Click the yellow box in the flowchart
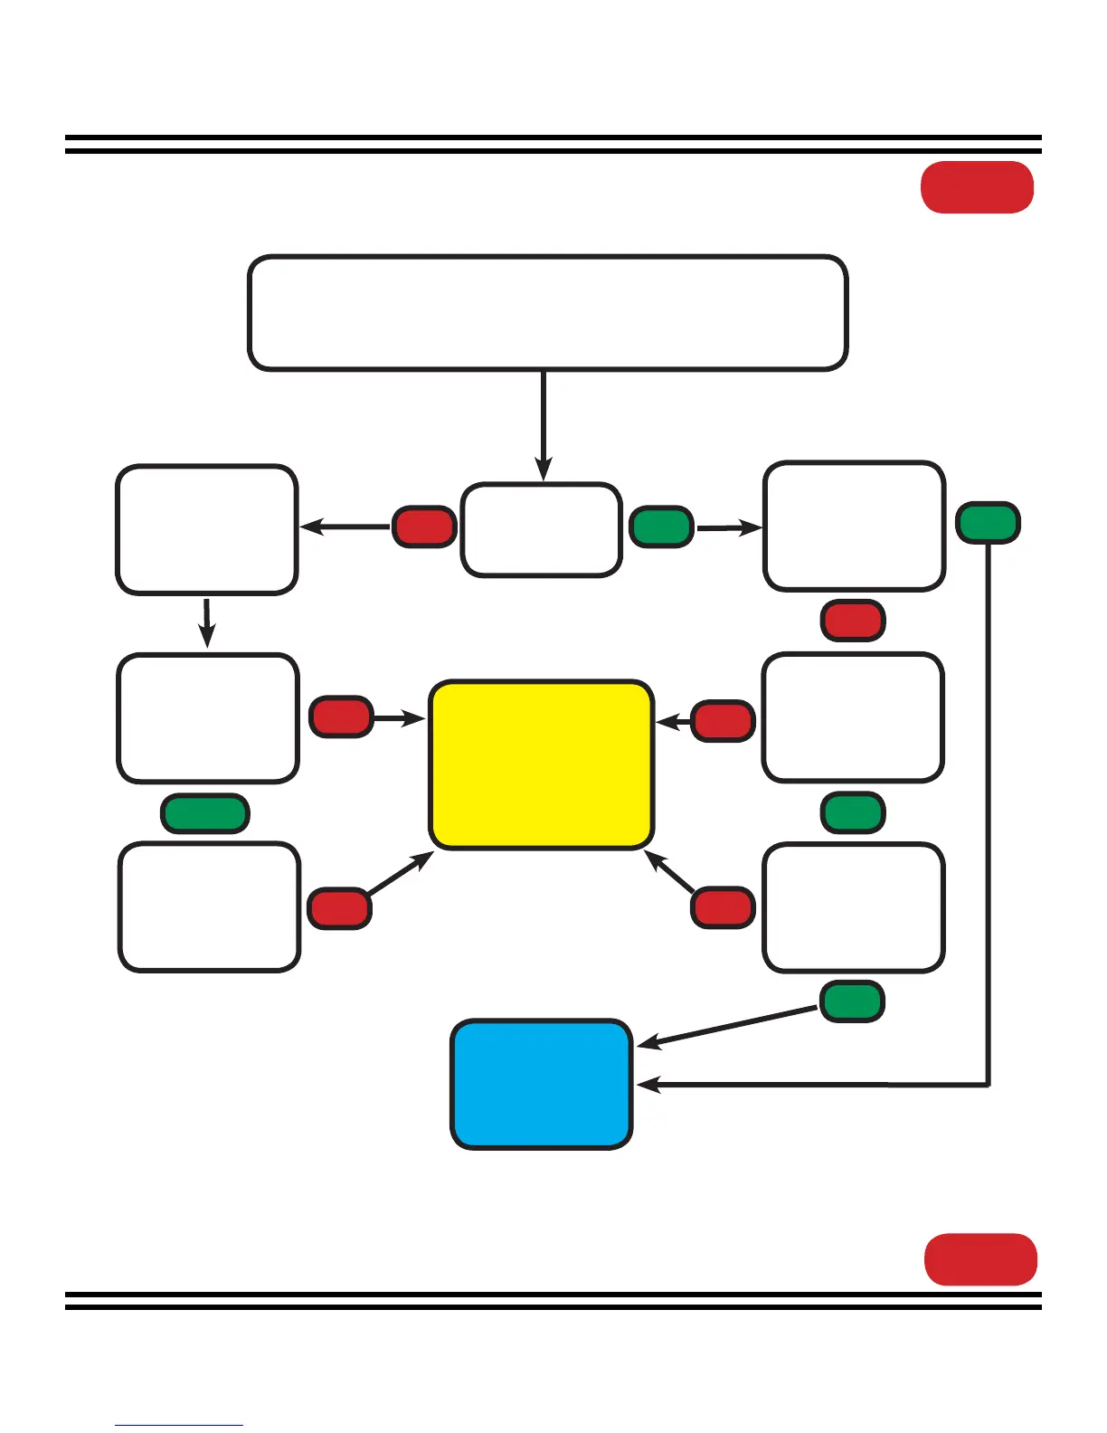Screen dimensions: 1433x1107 click(x=541, y=764)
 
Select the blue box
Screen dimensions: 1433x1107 click(x=541, y=1084)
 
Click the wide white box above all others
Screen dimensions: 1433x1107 click(x=547, y=313)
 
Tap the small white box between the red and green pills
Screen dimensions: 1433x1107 click(x=541, y=529)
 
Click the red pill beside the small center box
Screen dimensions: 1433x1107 click(x=423, y=527)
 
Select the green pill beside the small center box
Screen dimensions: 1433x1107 click(x=661, y=527)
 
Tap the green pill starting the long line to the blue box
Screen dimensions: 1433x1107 click(x=988, y=522)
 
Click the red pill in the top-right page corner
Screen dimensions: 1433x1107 click(x=977, y=187)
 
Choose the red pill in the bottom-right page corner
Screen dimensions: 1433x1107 click(x=980, y=1258)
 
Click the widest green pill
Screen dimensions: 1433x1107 click(x=204, y=812)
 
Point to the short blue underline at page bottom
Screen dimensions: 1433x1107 click(x=179, y=1425)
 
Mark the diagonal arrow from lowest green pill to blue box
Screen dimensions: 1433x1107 click(x=728, y=1028)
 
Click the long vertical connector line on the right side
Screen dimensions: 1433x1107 click(x=989, y=814)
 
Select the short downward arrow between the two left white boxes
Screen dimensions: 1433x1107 click(x=207, y=622)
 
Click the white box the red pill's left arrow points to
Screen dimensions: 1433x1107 click(x=206, y=529)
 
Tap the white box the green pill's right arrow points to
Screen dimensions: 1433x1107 click(x=854, y=526)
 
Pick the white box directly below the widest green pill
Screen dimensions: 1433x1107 click(x=209, y=906)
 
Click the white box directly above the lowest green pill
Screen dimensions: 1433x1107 click(x=854, y=907)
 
